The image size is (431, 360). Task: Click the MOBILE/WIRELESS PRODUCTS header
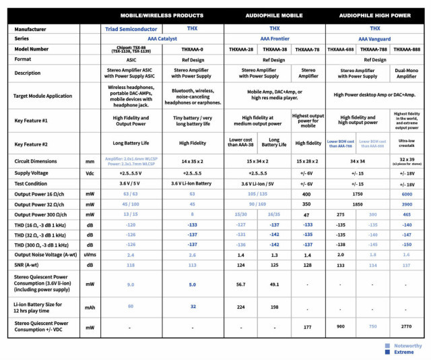coord(161,15)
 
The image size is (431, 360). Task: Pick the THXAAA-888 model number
coord(407,49)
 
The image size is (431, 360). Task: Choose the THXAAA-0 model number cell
coord(192,49)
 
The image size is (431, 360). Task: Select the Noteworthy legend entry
coord(407,344)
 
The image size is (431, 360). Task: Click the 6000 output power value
coord(407,193)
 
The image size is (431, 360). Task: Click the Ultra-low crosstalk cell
coord(407,143)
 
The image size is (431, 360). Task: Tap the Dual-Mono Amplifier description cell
coord(407,73)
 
